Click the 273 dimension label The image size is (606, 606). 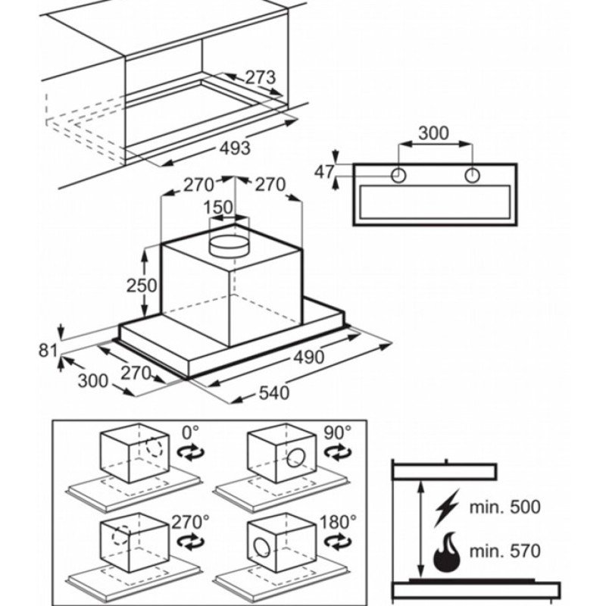[x=261, y=77]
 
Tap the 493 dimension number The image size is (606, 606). [x=235, y=148]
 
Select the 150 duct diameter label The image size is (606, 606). [x=218, y=208]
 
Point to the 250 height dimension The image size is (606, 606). [x=142, y=286]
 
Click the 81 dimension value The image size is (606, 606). [x=48, y=351]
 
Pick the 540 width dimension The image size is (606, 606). [x=274, y=393]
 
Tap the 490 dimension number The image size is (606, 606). [x=309, y=358]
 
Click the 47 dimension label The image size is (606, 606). [x=324, y=172]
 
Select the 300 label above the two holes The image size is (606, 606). [x=433, y=133]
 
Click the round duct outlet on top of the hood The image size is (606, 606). [x=230, y=246]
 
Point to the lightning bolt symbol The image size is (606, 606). [x=447, y=508]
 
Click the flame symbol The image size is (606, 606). [x=447, y=552]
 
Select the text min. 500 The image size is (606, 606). [x=504, y=507]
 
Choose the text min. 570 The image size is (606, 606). [x=504, y=551]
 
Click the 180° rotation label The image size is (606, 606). [x=338, y=522]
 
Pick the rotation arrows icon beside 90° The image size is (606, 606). [x=338, y=452]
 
